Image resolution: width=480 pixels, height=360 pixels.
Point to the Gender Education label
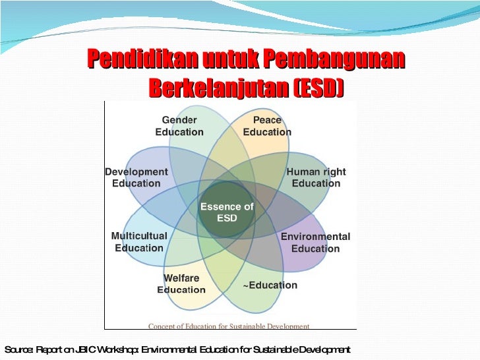coord(179,126)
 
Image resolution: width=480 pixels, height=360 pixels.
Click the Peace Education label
coord(267,126)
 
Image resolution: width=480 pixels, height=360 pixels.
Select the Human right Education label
coord(316,177)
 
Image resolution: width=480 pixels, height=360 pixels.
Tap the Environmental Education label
coord(315,242)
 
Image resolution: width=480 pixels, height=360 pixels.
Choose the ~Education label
coord(270,285)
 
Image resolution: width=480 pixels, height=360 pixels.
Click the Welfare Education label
coord(181,284)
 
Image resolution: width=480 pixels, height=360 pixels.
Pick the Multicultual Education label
coord(139,242)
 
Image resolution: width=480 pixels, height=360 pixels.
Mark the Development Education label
coord(136,177)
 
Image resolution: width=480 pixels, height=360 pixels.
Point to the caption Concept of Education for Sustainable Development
coord(229,326)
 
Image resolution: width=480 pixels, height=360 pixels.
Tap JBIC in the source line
coord(84,349)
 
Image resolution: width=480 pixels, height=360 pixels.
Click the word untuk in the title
coord(222,60)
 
